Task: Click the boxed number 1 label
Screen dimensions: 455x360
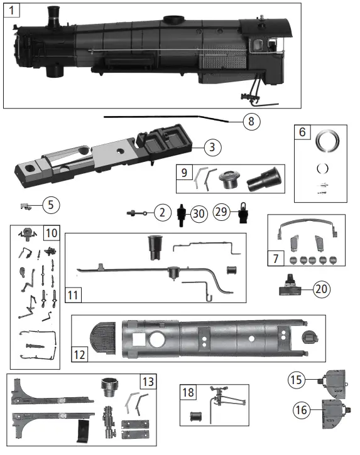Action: coord(13,11)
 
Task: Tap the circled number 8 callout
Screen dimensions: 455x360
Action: coord(250,121)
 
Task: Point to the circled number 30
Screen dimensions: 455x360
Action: coord(199,213)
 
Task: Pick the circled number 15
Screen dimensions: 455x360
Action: coord(297,380)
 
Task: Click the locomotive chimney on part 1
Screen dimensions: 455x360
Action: coord(54,16)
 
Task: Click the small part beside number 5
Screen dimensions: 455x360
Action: coord(26,205)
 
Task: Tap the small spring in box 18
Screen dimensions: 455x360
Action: coord(195,415)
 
